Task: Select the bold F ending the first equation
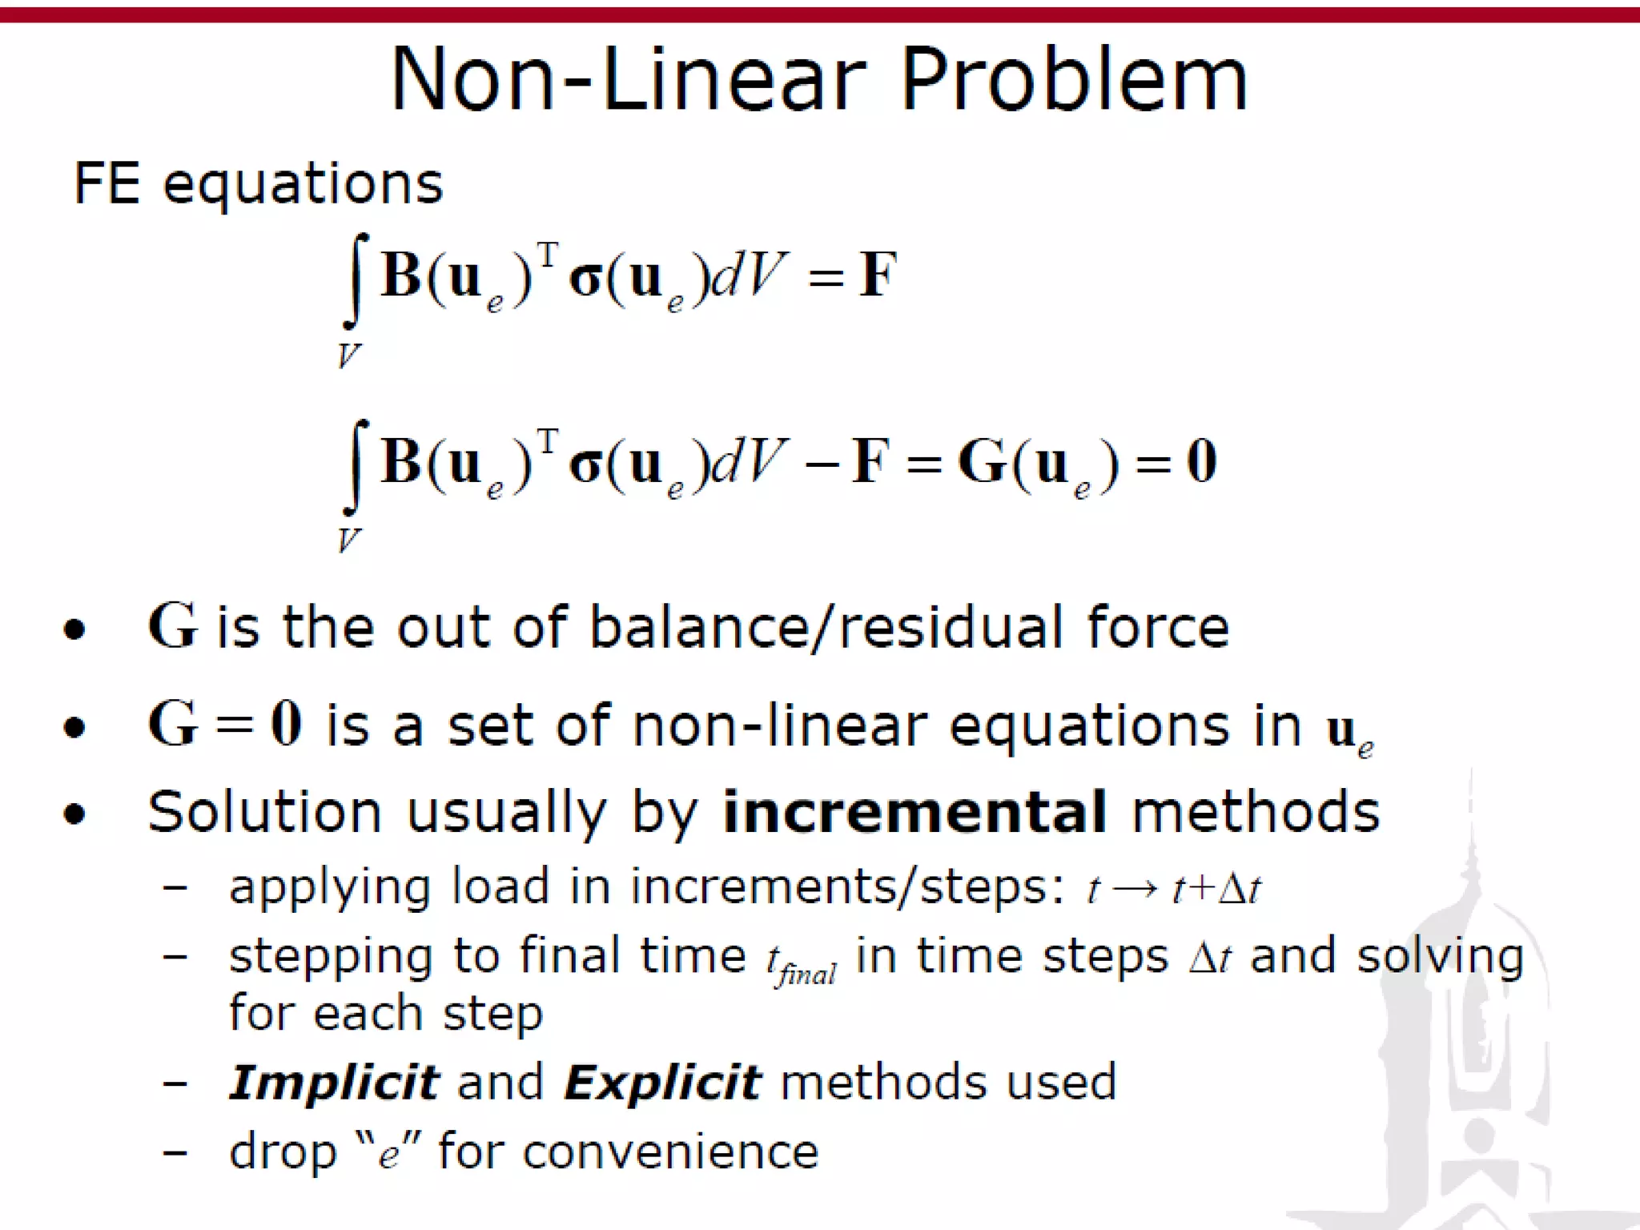tap(878, 275)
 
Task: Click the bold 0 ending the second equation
tap(1201, 461)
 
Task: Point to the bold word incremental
tap(914, 812)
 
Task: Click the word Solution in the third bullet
tap(264, 812)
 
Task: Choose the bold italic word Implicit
tap(334, 1083)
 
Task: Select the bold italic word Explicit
tap(662, 1083)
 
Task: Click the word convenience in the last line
tap(670, 1153)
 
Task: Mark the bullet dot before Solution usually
tap(74, 814)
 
